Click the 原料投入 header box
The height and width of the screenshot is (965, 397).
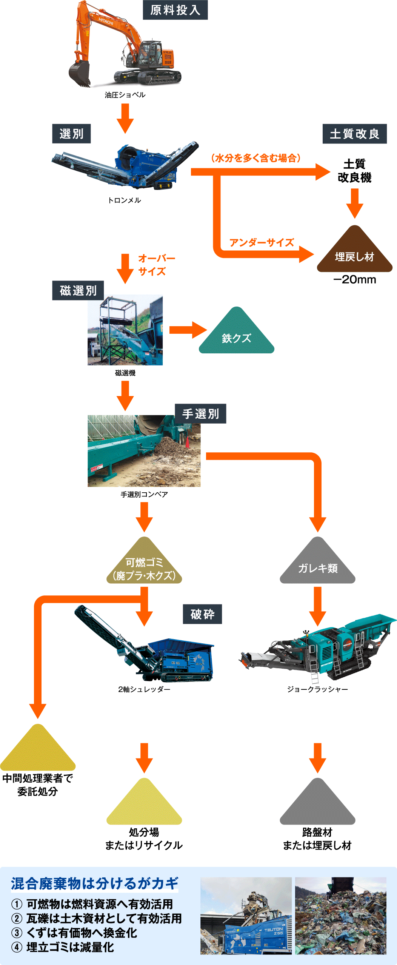click(175, 10)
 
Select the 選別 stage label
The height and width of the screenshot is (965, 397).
click(71, 134)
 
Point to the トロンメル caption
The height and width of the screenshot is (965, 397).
click(125, 200)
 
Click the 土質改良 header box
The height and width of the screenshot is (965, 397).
click(354, 134)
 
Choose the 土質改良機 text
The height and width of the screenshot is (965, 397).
click(354, 171)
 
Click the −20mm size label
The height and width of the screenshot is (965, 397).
click(354, 280)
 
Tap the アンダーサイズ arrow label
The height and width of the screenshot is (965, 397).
click(262, 242)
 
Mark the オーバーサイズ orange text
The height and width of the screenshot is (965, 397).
click(155, 265)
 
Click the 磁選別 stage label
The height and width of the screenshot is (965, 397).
click(78, 290)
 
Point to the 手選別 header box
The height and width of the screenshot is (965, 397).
click(200, 414)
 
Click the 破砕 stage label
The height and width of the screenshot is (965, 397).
click(202, 614)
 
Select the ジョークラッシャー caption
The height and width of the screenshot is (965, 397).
click(317, 689)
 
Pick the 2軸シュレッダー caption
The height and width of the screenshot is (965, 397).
click(144, 689)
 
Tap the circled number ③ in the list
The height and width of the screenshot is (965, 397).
click(17, 933)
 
